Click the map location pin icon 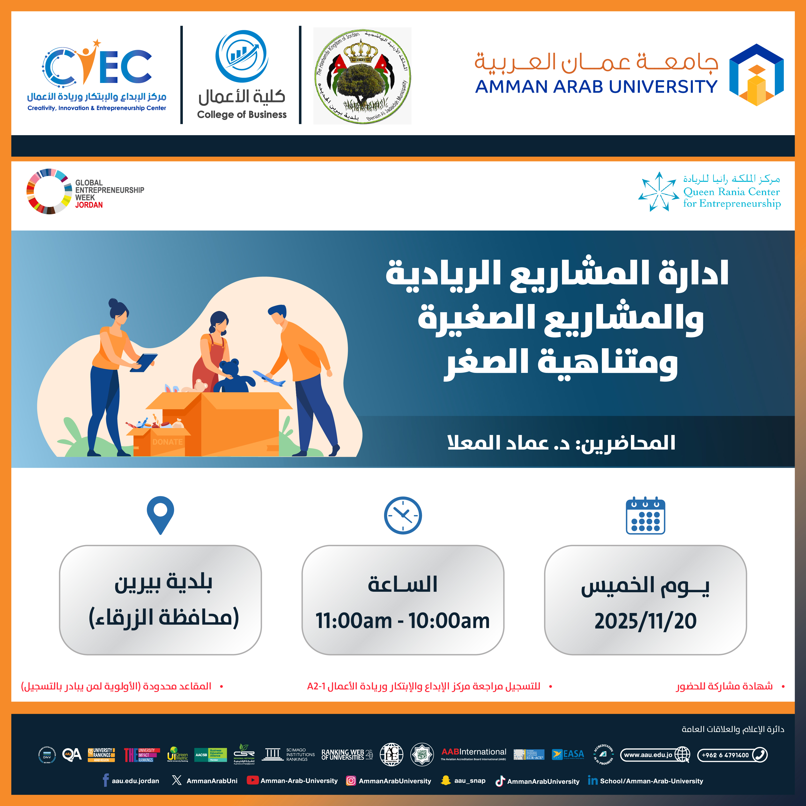[160, 513]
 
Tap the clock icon [403, 515]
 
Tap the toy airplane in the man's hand [269, 377]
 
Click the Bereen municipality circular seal [362, 76]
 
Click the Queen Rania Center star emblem [658, 192]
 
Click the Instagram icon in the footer [351, 781]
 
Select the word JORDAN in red [89, 205]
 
